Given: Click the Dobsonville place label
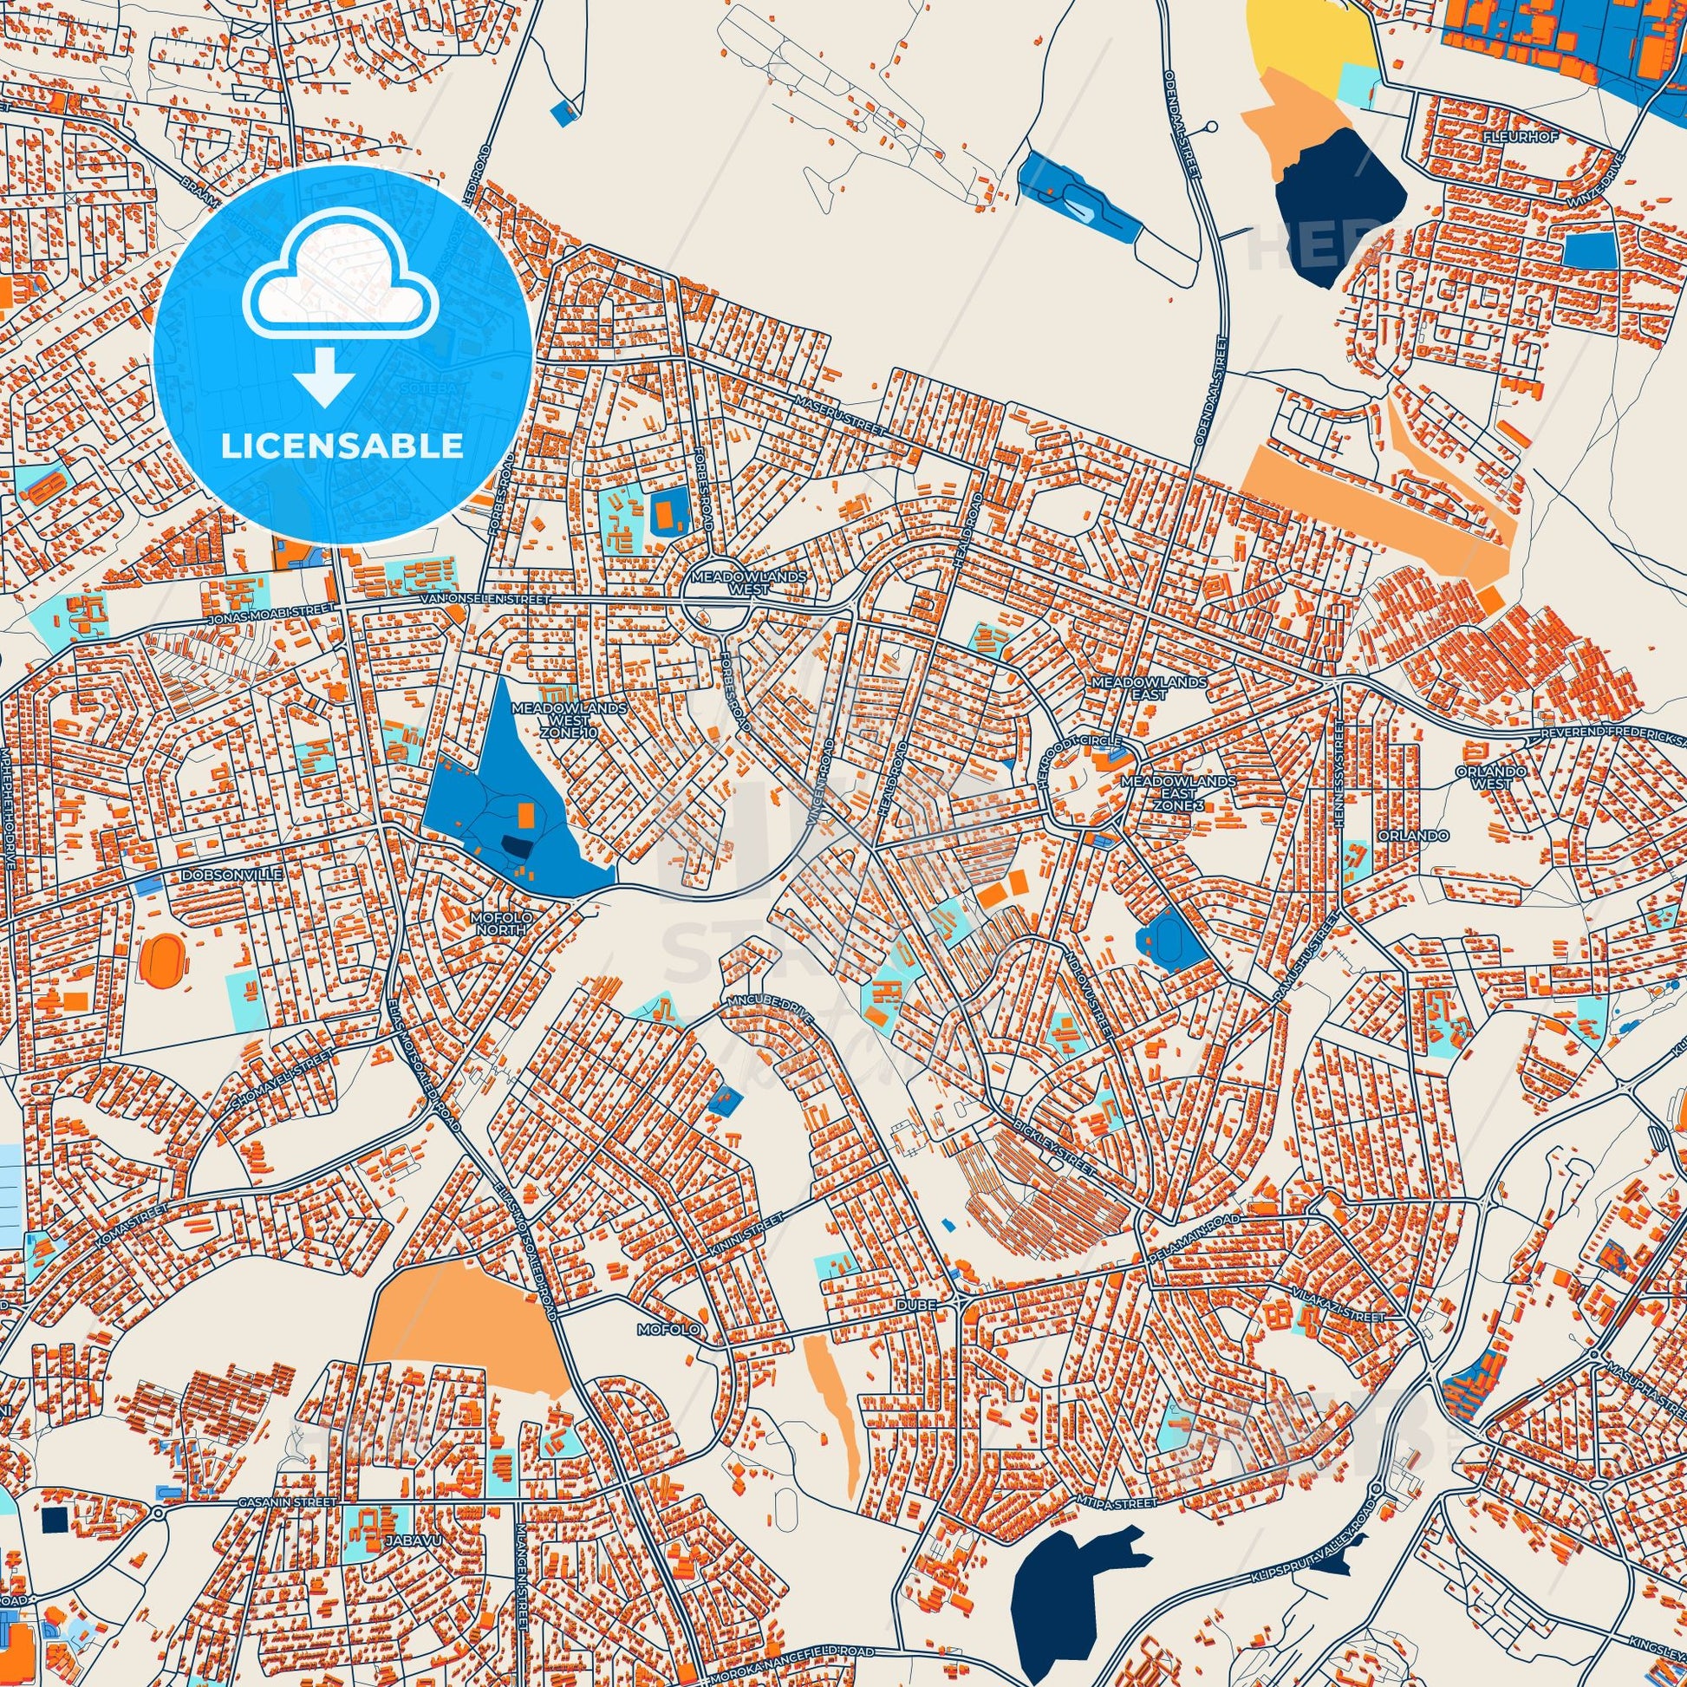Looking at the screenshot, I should click(x=218, y=872).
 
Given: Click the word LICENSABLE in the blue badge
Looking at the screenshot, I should click(x=342, y=446).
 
